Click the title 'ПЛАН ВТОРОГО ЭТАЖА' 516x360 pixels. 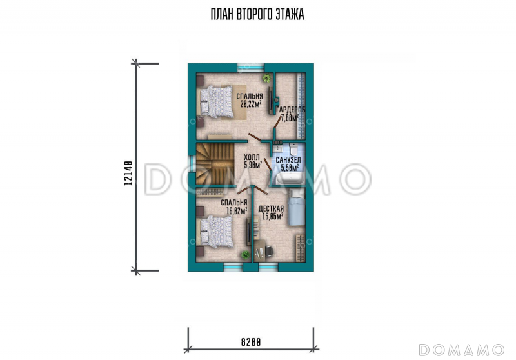coord(257,14)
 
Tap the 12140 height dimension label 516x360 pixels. coord(128,173)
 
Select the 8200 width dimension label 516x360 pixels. coord(251,342)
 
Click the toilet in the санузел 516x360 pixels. coord(293,149)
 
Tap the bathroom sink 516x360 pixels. coord(277,148)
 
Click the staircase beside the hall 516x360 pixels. coord(215,163)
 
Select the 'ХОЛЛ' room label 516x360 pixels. coord(252,157)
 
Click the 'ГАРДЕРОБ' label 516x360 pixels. coord(291,110)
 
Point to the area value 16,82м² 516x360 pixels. coord(237,210)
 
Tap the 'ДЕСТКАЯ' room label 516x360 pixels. coord(271,209)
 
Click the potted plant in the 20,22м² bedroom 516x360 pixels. coord(266,78)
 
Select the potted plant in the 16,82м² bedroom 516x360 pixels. coord(245,255)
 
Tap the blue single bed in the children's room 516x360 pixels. coord(297,207)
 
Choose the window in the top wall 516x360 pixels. coord(251,68)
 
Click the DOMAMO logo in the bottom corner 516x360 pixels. coord(462,350)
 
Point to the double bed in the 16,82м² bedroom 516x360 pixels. coord(217,232)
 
